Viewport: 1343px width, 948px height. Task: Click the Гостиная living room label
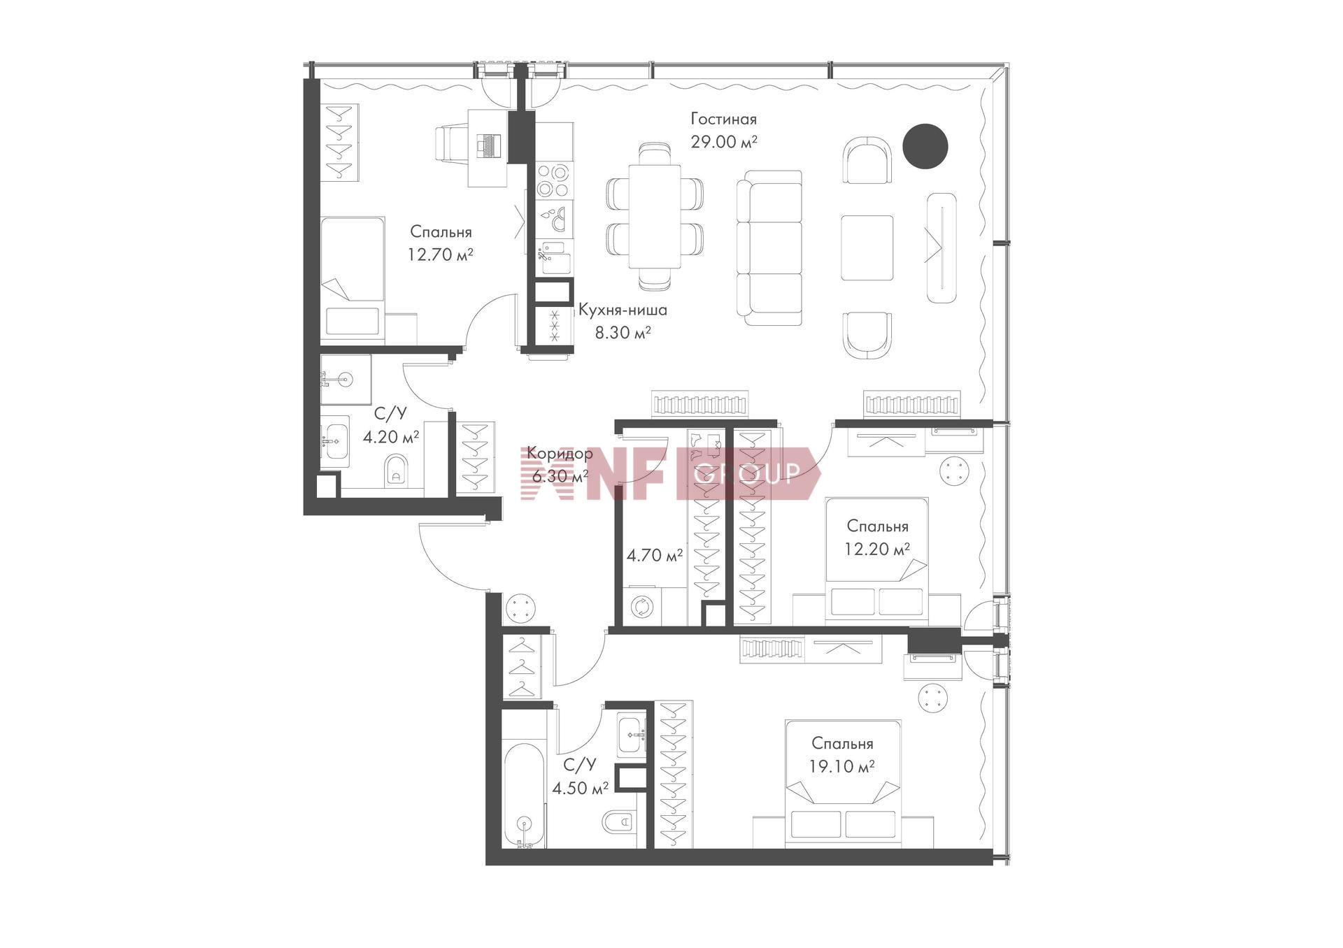[723, 119]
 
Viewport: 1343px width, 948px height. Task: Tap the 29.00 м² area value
[725, 142]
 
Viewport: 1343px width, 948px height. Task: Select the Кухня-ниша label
[623, 310]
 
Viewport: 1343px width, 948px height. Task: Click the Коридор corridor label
[560, 453]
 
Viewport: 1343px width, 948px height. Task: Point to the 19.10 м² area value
[842, 767]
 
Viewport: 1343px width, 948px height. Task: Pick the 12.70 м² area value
[441, 254]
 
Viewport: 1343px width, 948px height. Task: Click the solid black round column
[925, 146]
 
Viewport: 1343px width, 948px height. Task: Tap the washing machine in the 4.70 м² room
[641, 605]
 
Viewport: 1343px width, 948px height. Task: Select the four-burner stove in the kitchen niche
[554, 180]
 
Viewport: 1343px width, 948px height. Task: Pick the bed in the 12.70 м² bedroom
[353, 278]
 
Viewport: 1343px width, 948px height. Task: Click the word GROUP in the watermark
[746, 474]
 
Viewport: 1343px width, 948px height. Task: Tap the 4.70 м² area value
[655, 556]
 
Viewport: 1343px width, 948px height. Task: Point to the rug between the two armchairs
[867, 247]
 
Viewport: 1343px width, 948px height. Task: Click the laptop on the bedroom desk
[489, 145]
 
